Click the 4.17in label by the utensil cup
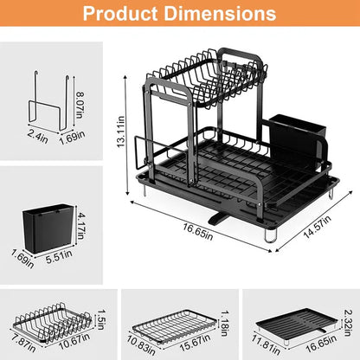coord(81,211)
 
